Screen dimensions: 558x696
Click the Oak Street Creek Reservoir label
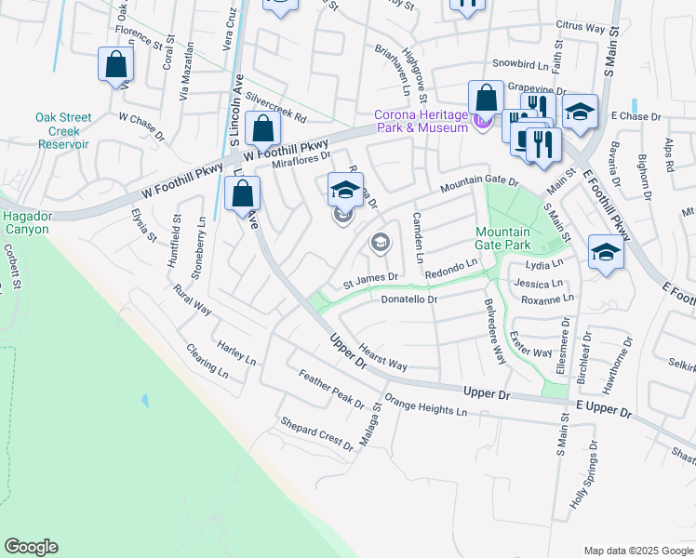[x=63, y=131]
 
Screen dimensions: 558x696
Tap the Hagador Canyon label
[x=28, y=221]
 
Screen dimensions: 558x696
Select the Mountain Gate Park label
[x=502, y=238]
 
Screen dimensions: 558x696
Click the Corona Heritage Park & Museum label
[x=421, y=121]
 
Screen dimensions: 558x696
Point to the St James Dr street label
[x=370, y=277]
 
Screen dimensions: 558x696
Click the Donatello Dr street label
[x=408, y=299]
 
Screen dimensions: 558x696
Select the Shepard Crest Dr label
[x=317, y=433]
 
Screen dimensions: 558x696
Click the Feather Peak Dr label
[x=331, y=389]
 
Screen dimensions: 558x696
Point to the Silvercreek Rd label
[x=276, y=108]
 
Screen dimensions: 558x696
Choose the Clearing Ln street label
[x=207, y=361]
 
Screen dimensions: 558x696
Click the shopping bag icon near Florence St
[x=115, y=64]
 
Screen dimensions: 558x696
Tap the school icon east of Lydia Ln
[x=606, y=252]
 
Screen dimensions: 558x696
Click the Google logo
[x=31, y=547]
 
